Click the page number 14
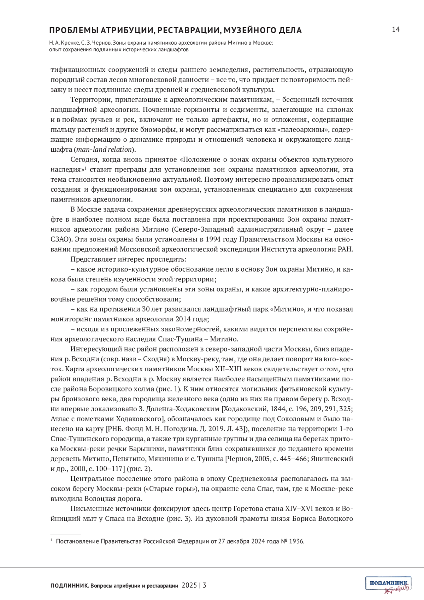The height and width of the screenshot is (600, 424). coord(395,29)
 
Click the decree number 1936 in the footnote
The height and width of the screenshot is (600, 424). coord(296,541)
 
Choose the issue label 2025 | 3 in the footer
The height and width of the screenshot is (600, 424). coord(194,585)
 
